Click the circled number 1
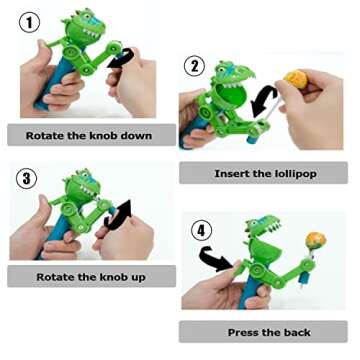31,21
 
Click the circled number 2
195,68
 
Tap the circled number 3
27,180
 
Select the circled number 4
202,231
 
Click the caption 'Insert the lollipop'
265,173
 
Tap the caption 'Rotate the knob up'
91,277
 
